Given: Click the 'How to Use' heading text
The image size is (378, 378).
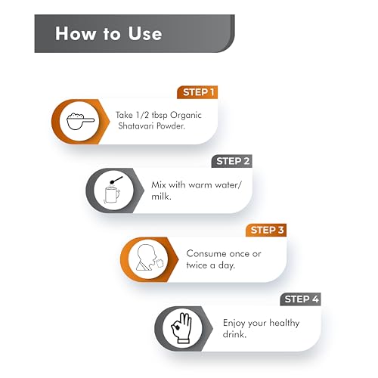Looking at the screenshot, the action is [x=109, y=33].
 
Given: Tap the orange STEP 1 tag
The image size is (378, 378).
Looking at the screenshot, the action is [x=197, y=92].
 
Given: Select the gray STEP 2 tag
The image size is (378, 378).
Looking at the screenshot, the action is [x=232, y=161].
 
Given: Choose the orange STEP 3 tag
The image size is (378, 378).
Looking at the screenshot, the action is [x=266, y=230].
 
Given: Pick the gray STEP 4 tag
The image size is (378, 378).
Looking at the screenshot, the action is [x=300, y=299].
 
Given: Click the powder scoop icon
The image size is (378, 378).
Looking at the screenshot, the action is [x=80, y=122].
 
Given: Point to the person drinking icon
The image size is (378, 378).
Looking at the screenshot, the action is [x=150, y=258].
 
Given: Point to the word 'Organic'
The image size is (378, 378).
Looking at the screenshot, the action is [x=186, y=116].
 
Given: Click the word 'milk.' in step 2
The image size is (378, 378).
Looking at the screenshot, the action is [x=161, y=196].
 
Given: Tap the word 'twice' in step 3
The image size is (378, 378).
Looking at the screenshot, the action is [x=197, y=265].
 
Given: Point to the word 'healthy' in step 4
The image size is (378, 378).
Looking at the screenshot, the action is [x=284, y=324].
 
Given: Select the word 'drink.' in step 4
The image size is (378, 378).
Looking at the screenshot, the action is [x=234, y=334].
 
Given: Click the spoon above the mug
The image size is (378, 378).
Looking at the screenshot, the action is [x=116, y=180].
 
